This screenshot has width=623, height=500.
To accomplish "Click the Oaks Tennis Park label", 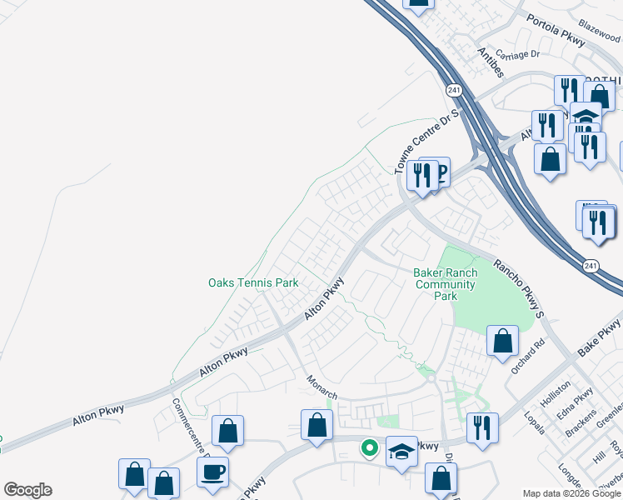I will (252, 283).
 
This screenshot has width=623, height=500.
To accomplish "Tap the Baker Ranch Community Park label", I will (446, 284).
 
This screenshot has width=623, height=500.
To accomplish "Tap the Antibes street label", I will (491, 62).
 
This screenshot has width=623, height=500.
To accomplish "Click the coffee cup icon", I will (212, 471).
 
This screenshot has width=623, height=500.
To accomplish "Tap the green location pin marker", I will (368, 448).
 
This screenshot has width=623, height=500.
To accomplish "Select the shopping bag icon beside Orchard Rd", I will (502, 341).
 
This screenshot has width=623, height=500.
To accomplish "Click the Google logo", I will (27, 490).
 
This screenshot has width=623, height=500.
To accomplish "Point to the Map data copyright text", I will (571, 493).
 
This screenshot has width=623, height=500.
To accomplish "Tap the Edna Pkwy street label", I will (581, 401).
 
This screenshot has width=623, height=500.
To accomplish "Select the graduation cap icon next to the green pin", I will (402, 452).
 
